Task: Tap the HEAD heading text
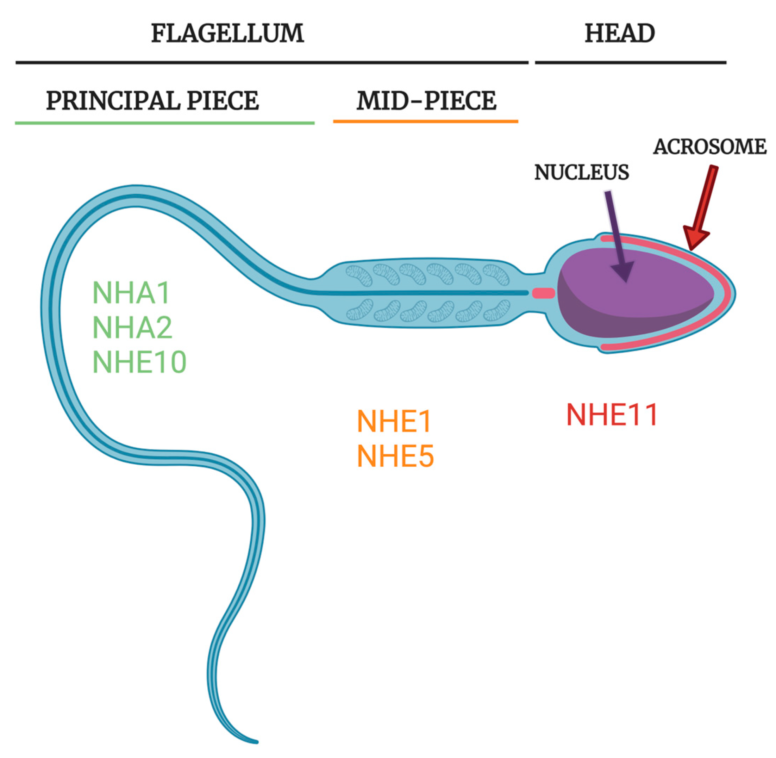coord(620,33)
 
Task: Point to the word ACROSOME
coord(709,147)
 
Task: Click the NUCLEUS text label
coord(581,172)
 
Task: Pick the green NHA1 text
coord(131,293)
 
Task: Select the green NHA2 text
coord(132,327)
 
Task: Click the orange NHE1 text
coord(394,421)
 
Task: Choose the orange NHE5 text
coord(395,456)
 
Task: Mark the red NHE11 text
coord(612,415)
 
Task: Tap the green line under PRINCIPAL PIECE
coord(165,123)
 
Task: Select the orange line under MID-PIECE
coord(425,121)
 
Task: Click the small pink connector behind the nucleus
coord(544,293)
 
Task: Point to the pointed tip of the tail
coord(257,742)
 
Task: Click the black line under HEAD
coord(631,62)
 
